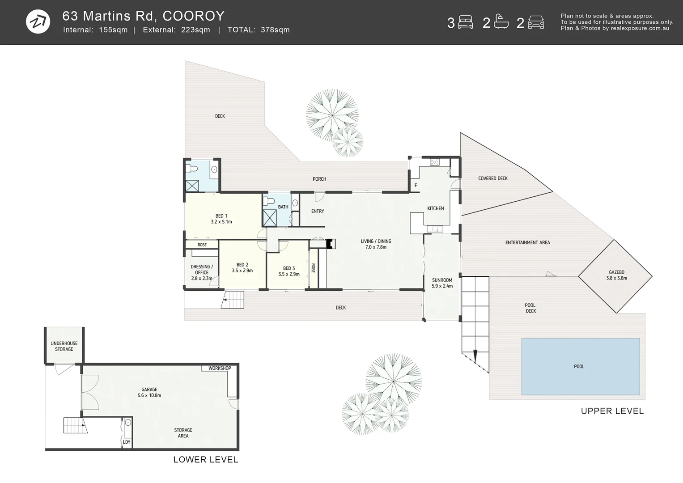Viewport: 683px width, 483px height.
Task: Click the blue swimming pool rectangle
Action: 580,367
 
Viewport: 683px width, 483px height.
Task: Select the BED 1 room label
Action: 221,219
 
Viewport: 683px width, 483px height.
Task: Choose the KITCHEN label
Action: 435,208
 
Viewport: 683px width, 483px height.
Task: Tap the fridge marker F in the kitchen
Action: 416,186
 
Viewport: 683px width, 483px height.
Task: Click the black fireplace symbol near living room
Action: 331,244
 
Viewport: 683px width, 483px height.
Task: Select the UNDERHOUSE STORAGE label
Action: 64,346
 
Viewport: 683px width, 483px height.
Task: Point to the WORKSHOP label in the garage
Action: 220,369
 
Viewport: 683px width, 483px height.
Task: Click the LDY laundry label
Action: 127,442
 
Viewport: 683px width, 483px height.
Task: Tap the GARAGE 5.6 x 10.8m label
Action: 149,392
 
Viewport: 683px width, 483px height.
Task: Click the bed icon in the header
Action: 466,22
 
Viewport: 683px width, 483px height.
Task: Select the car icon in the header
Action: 535,22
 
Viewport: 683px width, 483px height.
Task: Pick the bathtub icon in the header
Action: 501,22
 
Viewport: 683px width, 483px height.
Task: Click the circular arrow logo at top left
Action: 38,21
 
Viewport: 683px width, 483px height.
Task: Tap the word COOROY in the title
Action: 193,16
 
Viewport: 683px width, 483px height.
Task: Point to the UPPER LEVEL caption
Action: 612,411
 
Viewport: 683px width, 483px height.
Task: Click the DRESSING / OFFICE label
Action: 202,272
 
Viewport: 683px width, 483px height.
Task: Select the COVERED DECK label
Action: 492,178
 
